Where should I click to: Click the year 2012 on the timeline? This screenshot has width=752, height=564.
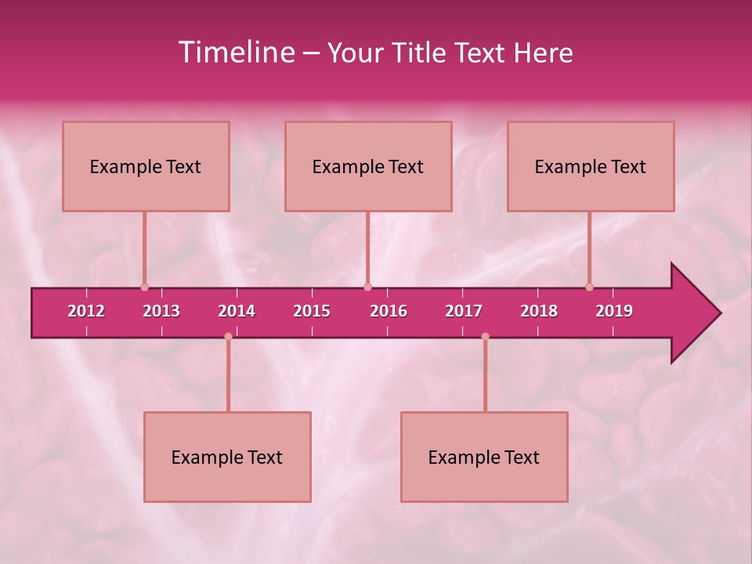[86, 311]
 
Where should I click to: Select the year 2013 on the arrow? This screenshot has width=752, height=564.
[161, 311]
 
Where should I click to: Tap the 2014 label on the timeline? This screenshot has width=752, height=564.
[237, 311]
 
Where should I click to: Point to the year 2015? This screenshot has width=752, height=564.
[312, 311]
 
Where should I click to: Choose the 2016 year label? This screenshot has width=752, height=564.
[389, 311]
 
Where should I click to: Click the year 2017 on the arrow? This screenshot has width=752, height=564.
[464, 311]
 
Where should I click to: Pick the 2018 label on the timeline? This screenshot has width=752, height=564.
[539, 311]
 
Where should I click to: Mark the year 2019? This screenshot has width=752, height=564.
[614, 311]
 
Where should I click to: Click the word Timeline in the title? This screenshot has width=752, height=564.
[236, 52]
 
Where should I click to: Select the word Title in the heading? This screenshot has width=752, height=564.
[421, 52]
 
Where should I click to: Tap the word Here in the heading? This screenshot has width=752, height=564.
[543, 52]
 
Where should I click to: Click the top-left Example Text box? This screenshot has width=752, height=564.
[146, 167]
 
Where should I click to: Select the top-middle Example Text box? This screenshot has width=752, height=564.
[368, 167]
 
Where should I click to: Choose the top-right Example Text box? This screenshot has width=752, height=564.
[591, 167]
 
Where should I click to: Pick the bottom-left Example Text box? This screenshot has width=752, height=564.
[227, 457]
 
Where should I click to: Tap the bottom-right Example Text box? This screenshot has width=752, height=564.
[484, 457]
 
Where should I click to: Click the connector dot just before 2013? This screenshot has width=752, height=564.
[144, 287]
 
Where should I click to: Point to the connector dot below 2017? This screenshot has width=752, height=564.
[485, 337]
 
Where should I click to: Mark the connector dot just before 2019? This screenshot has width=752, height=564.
[589, 287]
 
